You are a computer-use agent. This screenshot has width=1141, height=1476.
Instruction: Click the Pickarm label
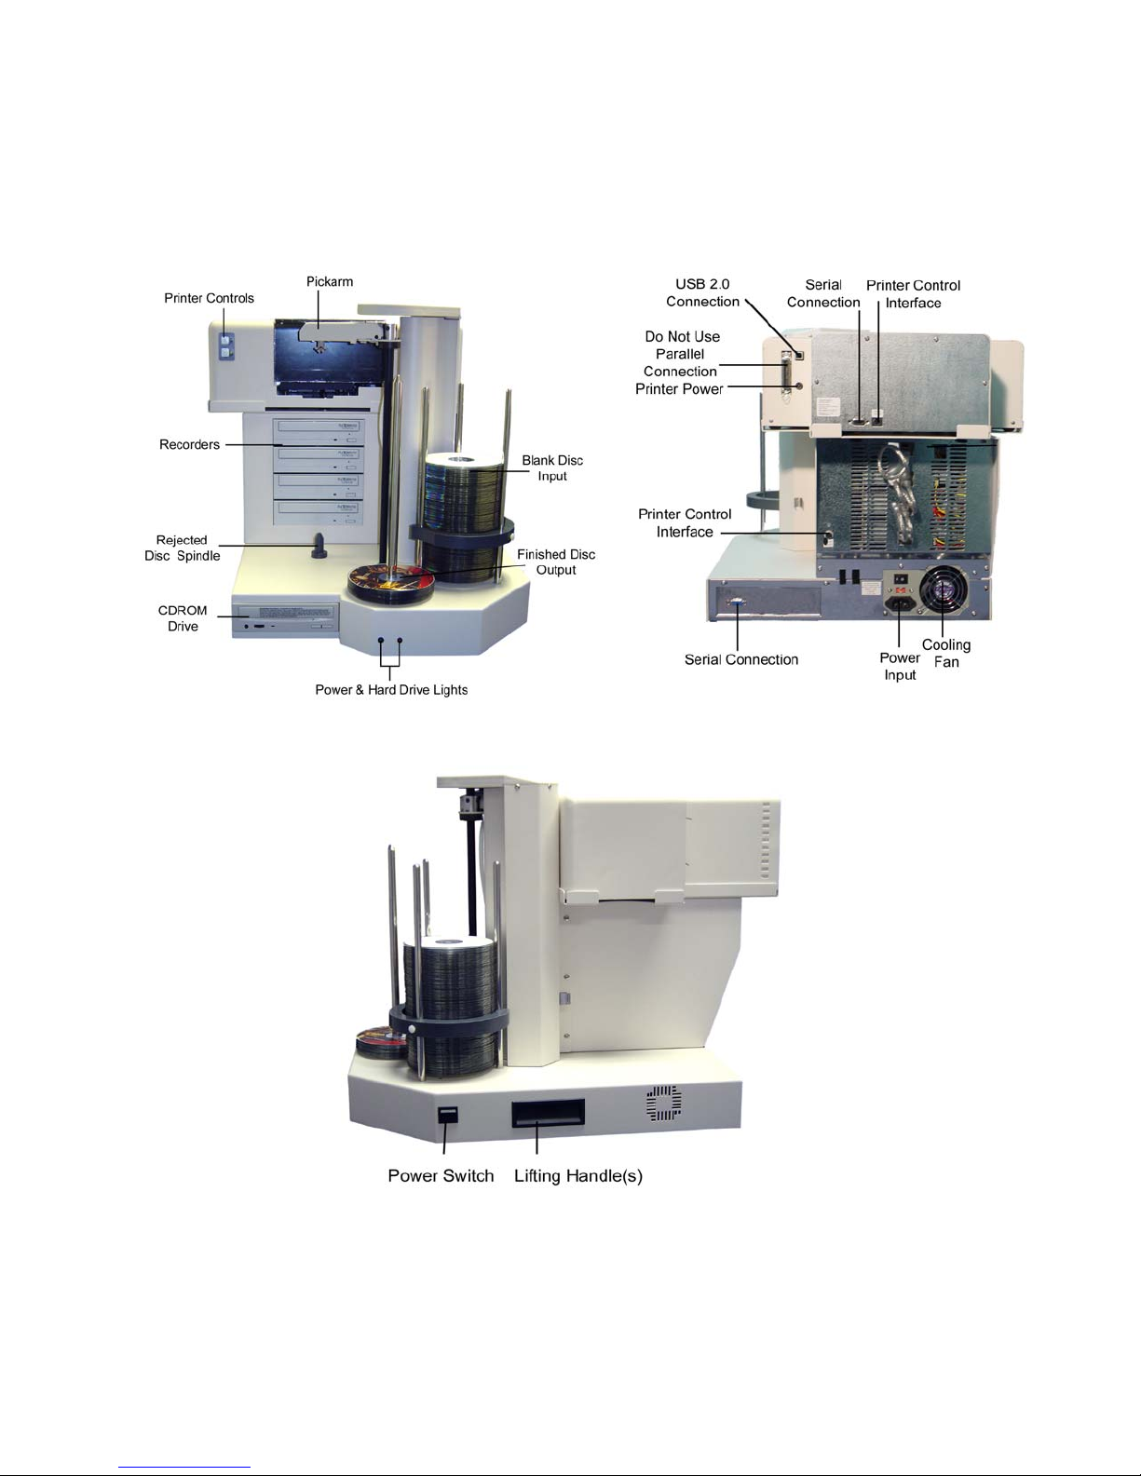pos(330,281)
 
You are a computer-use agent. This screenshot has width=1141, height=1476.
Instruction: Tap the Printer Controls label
pos(209,298)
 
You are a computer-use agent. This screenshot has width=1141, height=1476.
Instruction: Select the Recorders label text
pos(189,444)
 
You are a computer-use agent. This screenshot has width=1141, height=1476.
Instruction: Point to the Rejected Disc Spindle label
pos(183,548)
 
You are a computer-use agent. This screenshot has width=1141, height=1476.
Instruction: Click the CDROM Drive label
pos(183,618)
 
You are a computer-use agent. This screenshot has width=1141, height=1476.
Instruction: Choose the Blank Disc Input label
pos(552,467)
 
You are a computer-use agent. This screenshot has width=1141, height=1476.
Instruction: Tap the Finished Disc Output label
pos(556,562)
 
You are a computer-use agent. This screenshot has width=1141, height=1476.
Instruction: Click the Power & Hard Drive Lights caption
pos(391,690)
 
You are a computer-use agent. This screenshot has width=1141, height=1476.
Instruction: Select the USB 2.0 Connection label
pos(702,292)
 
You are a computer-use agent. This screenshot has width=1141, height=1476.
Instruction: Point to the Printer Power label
pos(679,389)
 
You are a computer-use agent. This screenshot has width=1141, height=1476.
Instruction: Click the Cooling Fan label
pos(946,653)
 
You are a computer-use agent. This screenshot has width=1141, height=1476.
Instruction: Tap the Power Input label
pos(900,666)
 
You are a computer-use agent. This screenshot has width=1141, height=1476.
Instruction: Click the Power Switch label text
pos(441,1176)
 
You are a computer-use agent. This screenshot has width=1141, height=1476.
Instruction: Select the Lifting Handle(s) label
pos(578,1176)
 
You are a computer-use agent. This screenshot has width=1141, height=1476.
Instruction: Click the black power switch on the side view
pos(448,1115)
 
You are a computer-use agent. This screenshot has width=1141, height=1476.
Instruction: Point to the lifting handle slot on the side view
pos(547,1112)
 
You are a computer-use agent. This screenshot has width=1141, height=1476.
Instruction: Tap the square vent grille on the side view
pos(664,1103)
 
